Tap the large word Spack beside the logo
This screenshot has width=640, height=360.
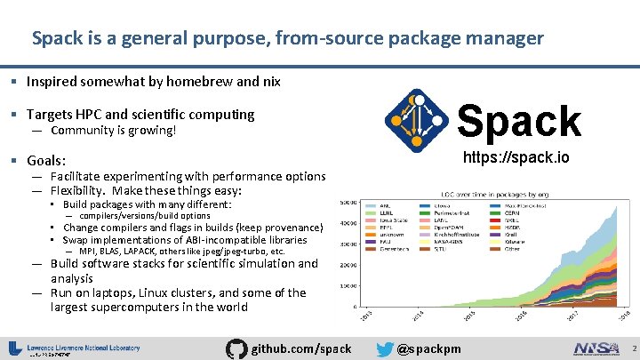click(x=519, y=121)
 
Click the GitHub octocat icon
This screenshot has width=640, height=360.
click(x=236, y=348)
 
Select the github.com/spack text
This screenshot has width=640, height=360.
click(x=302, y=348)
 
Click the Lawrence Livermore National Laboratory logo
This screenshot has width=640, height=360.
click(x=76, y=348)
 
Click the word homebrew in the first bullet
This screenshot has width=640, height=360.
click(x=188, y=82)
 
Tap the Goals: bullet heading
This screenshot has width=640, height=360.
click(x=46, y=161)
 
